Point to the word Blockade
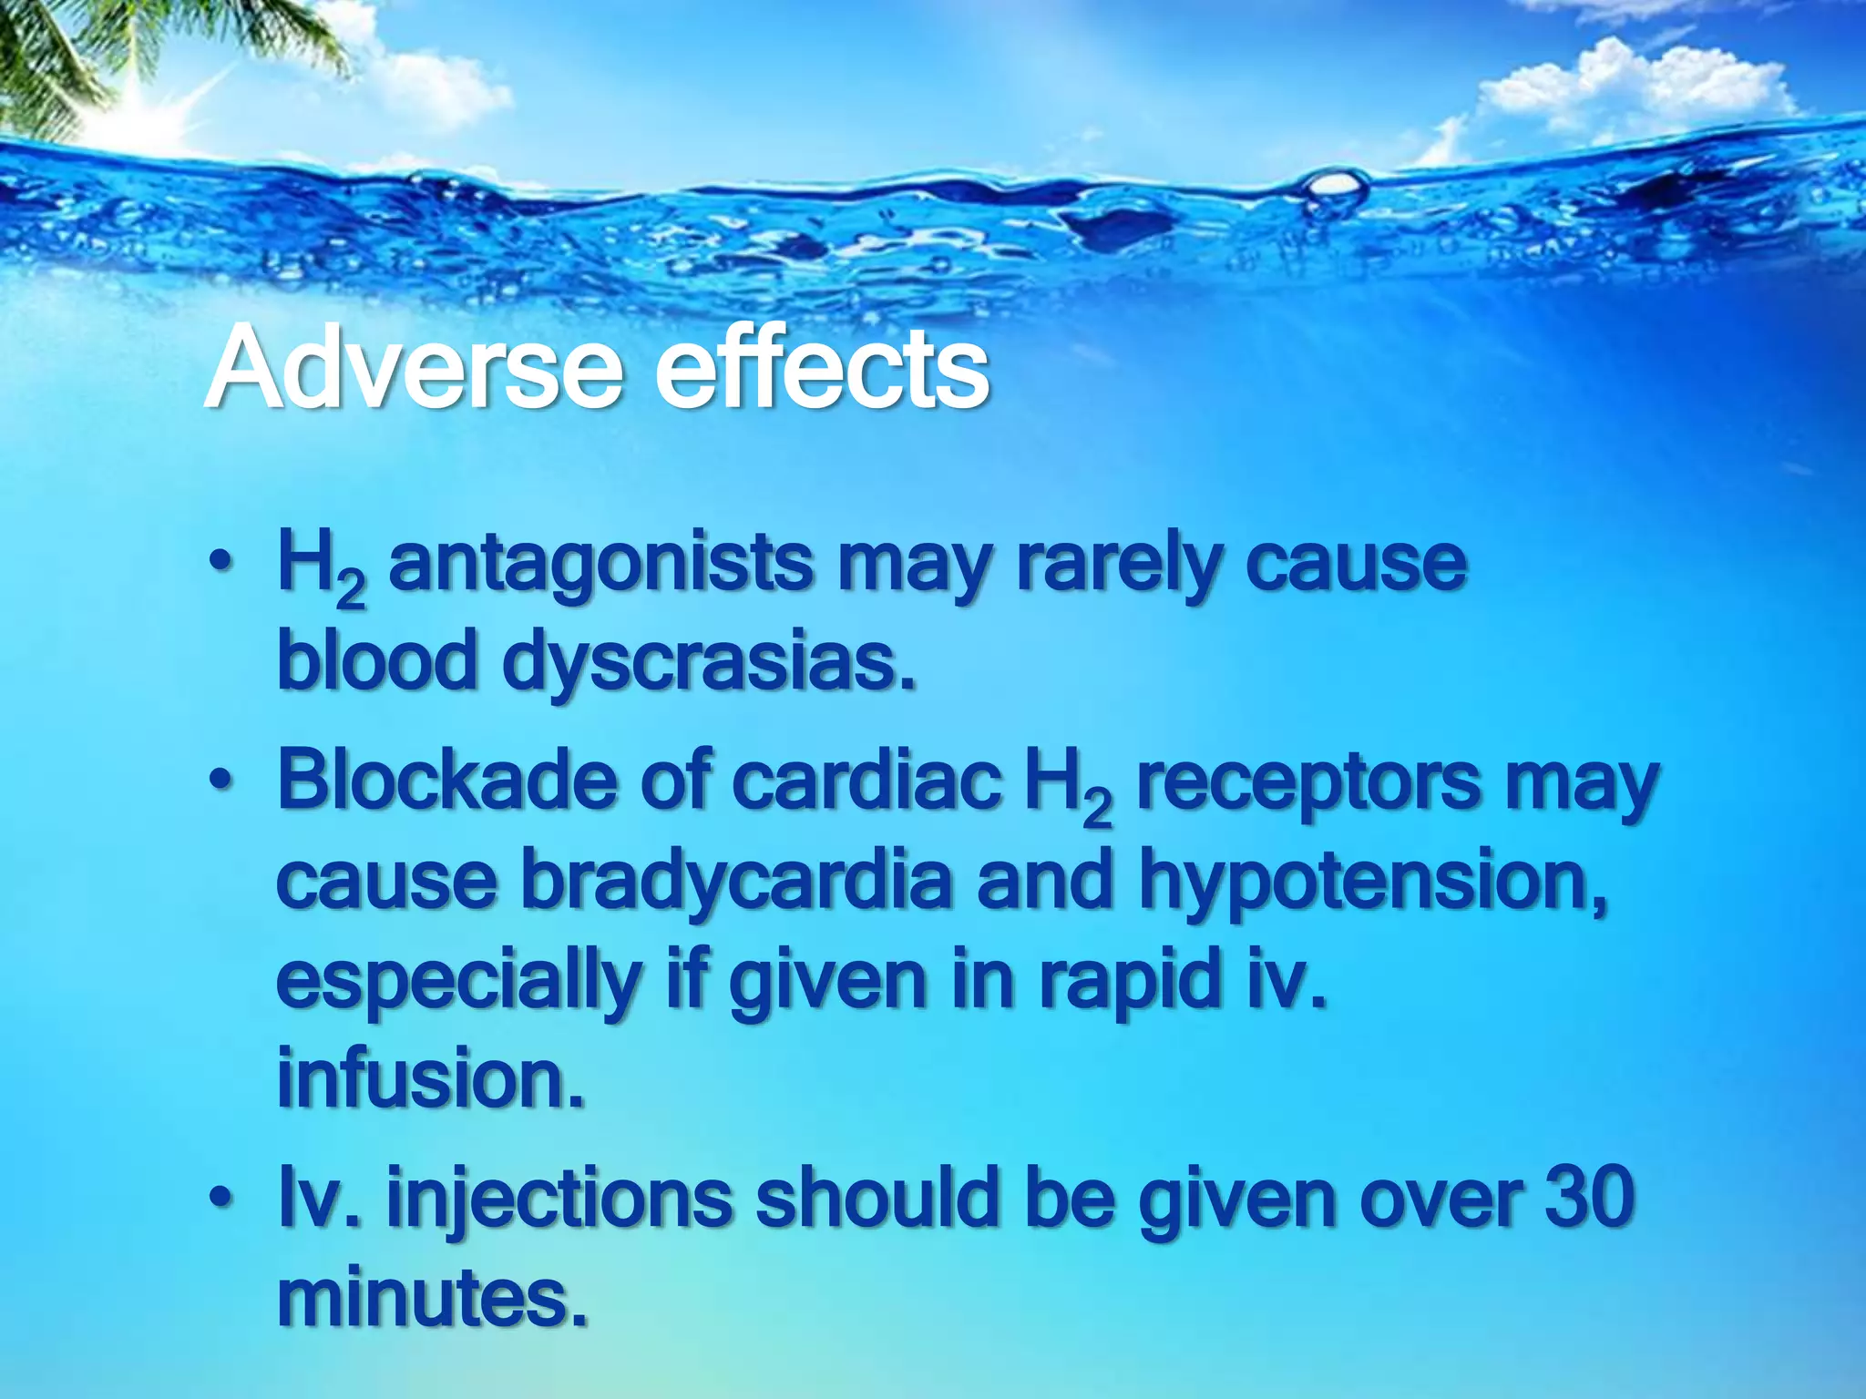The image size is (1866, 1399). click(x=446, y=781)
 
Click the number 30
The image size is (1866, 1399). click(x=1590, y=1199)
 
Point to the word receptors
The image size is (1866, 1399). click(x=1308, y=782)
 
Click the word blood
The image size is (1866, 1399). click(x=377, y=661)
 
